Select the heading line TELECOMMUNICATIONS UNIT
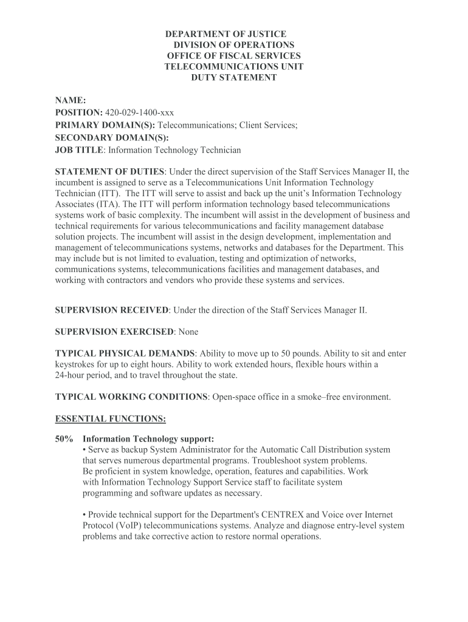pyautogui.click(x=234, y=67)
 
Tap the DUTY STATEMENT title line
pyautogui.click(x=234, y=78)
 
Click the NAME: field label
pyautogui.click(x=71, y=100)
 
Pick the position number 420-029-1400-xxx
pyautogui.click(x=139, y=112)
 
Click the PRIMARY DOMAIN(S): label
pyautogui.click(x=97, y=125)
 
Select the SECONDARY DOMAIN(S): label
pyautogui.click(x=104, y=137)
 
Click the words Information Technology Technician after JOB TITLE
pyautogui.click(x=174, y=149)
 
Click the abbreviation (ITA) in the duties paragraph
pyautogui.click(x=108, y=205)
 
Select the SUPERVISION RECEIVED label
pyautogui.click(x=112, y=310)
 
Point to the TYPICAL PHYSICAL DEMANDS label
pyautogui.click(x=125, y=354)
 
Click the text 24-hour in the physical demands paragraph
pyautogui.click(x=71, y=375)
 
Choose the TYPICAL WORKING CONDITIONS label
pyautogui.click(x=131, y=397)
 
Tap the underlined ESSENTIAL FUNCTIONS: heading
pyautogui.click(x=111, y=419)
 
